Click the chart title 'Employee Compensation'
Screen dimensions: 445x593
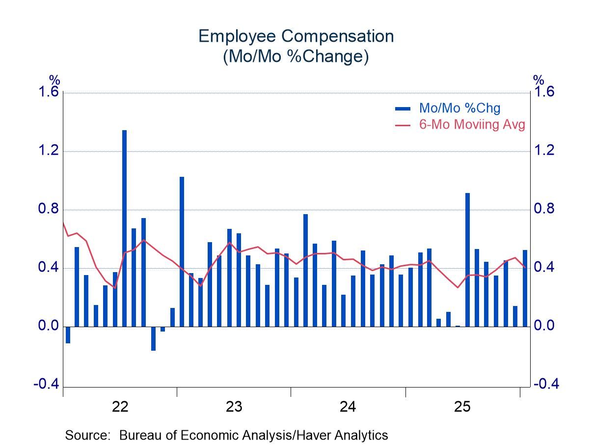coord(296,36)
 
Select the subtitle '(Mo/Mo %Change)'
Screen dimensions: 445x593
coord(296,56)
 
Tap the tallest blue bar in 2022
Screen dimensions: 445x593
coord(124,228)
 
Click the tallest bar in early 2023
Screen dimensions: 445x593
coord(182,251)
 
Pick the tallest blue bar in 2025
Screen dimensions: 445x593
coord(467,259)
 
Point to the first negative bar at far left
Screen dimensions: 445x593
coord(68,334)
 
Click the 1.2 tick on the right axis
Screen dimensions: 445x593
coord(545,150)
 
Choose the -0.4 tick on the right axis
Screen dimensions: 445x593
coord(545,384)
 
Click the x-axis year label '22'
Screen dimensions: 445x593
coord(120,407)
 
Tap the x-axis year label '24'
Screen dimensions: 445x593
coord(348,407)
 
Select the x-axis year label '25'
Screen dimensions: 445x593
coord(462,407)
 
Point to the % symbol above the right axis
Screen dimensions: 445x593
coord(539,80)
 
